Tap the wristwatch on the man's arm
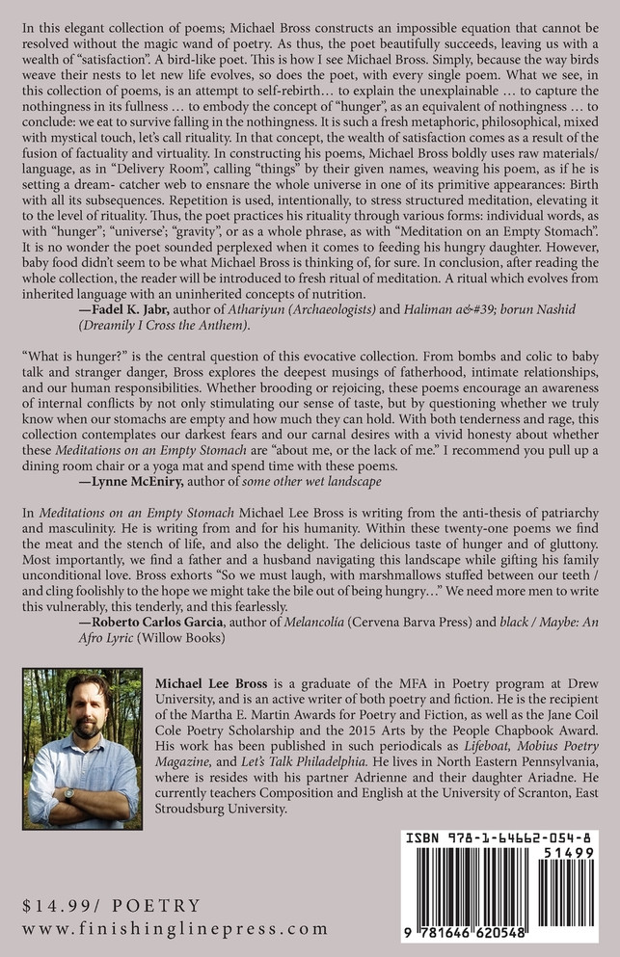68,795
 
